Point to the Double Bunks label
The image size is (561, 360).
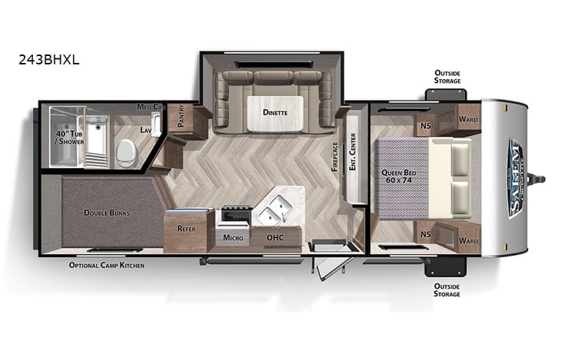(107, 213)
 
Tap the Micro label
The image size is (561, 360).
(233, 238)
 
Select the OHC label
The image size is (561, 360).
(275, 238)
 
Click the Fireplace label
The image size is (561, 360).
(335, 155)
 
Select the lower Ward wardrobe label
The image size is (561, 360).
(467, 240)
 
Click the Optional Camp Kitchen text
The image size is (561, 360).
(107, 265)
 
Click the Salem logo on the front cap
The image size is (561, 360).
(514, 178)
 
